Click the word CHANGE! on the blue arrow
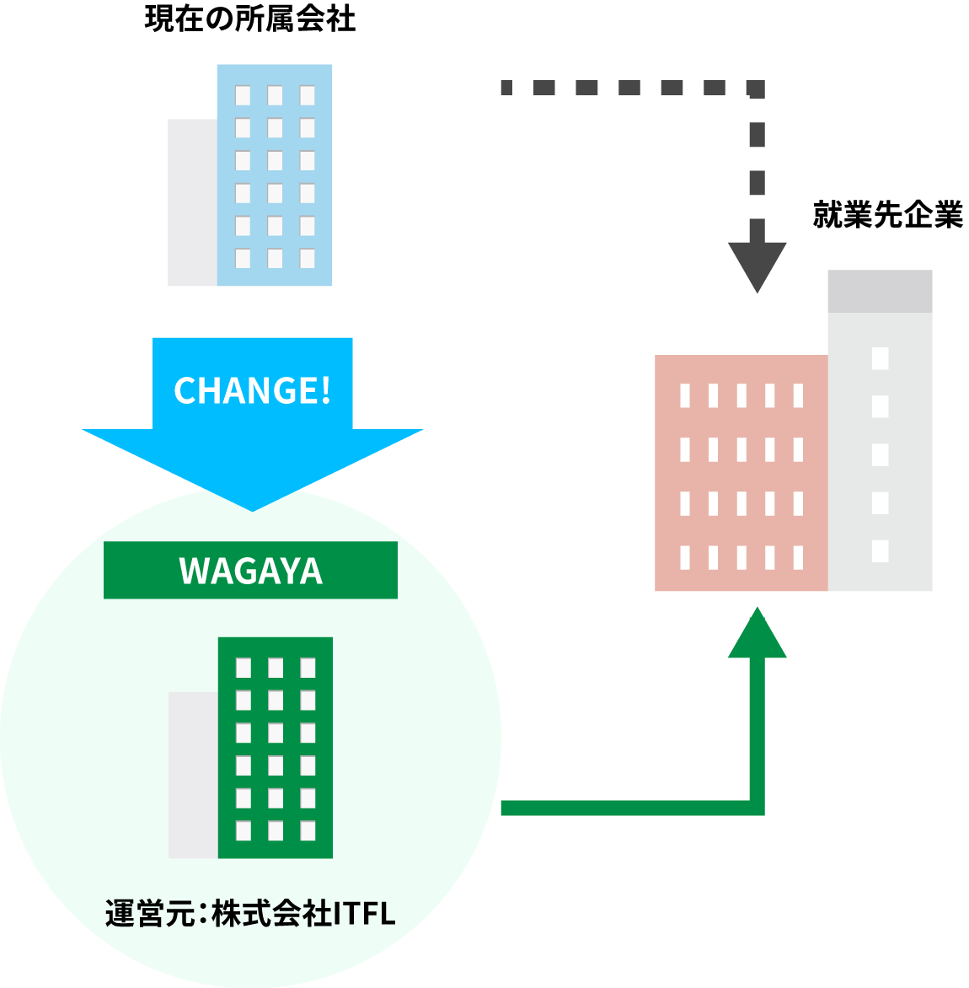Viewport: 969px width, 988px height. [252, 390]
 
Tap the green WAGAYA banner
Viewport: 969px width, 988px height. [250, 571]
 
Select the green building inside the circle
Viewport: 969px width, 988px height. [275, 748]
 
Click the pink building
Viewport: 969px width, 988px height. [741, 473]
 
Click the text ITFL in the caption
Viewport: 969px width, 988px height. [364, 914]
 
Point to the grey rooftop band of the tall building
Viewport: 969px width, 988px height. [880, 291]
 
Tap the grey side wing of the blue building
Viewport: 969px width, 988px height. [192, 202]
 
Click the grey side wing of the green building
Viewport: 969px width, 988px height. [193, 775]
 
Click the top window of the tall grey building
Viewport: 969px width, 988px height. [880, 358]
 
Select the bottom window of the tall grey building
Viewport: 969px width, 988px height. [880, 550]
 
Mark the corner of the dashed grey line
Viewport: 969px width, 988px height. [757, 89]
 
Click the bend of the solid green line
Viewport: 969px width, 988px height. [757, 808]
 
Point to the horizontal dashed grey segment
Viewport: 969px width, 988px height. [628, 88]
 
